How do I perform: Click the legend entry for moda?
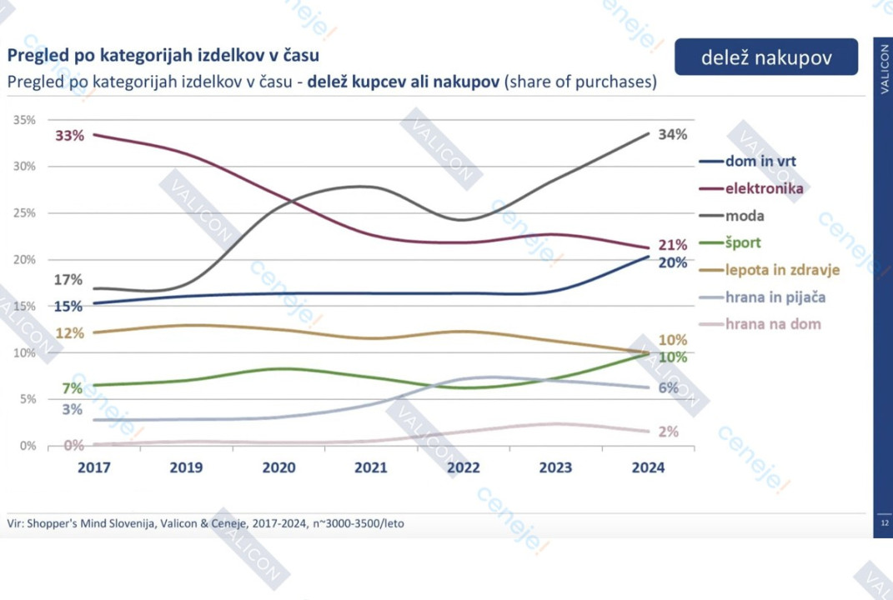point(745,216)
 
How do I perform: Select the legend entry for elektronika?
point(764,188)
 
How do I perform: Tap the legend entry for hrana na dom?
point(773,324)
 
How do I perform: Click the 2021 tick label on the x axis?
point(371,467)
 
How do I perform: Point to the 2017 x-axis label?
point(94,467)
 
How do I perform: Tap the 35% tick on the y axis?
point(24,120)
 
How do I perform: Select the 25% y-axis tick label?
point(24,213)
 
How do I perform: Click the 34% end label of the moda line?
point(672,134)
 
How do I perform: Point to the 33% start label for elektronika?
point(70,136)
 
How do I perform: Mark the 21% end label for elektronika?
point(673,245)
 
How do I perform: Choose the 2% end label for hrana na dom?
point(669,432)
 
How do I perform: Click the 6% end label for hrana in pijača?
point(669,387)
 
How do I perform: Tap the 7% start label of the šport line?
point(72,388)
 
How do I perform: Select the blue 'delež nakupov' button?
point(766,57)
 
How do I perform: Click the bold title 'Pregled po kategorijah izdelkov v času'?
point(163,56)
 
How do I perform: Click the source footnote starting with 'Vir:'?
point(205,523)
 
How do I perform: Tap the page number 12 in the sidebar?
point(884,523)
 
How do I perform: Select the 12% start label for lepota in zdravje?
point(70,333)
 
